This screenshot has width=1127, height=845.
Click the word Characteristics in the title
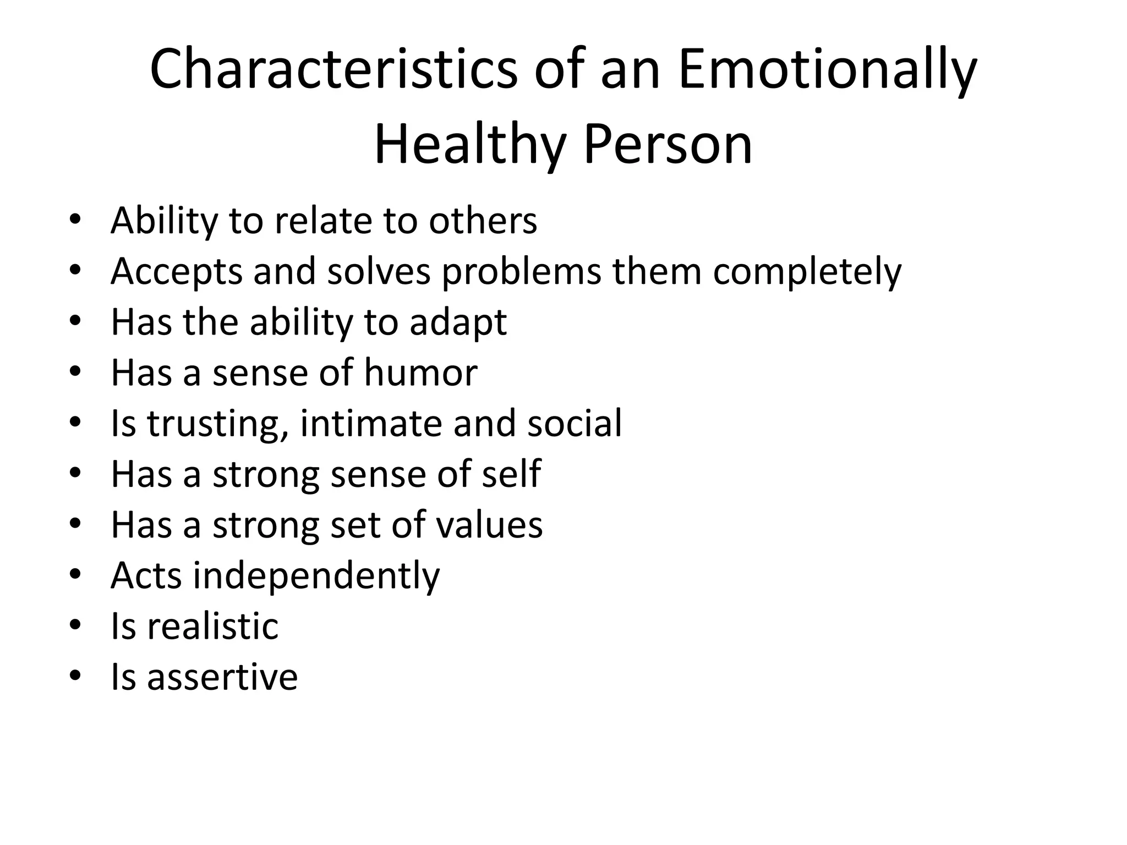333,70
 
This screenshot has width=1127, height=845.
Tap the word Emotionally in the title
828,70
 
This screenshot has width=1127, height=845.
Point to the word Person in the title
668,145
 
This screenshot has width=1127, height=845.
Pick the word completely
807,272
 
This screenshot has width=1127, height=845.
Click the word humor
420,373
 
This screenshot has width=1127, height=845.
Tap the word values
489,525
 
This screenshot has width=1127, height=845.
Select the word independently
316,576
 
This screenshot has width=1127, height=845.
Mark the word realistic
212,627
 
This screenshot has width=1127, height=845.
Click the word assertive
222,677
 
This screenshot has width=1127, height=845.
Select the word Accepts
176,272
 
